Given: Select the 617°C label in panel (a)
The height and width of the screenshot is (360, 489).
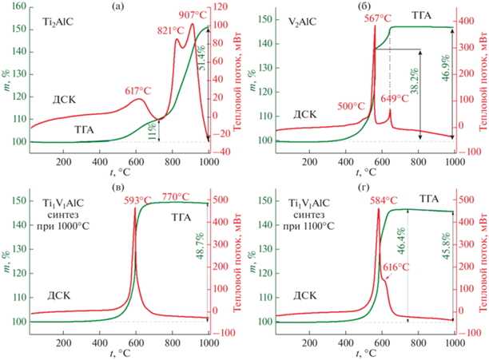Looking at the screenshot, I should pyautogui.click(x=136, y=92).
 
